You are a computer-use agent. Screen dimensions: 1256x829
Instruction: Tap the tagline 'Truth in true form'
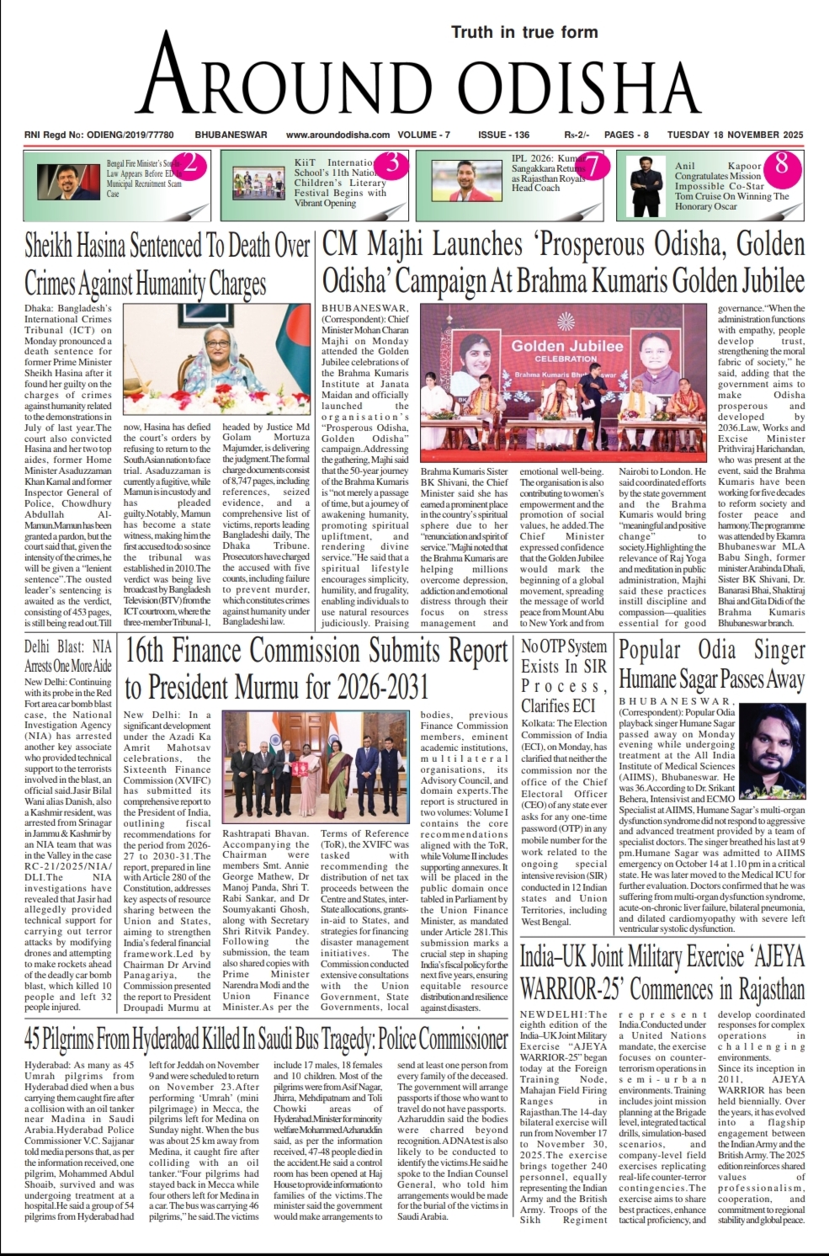[524, 33]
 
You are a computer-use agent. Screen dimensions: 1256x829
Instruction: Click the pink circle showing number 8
[781, 163]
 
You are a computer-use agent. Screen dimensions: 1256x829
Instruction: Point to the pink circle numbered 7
[594, 166]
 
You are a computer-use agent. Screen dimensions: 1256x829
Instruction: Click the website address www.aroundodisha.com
[337, 135]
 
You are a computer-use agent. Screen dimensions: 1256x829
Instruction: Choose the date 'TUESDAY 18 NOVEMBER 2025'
[735, 135]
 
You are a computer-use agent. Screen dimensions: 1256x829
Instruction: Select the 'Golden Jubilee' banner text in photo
[567, 346]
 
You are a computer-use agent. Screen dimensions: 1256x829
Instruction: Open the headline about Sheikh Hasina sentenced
[167, 263]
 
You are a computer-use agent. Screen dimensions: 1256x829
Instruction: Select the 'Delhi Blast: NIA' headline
[67, 657]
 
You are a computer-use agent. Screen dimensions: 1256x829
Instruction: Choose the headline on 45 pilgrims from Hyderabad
[266, 1039]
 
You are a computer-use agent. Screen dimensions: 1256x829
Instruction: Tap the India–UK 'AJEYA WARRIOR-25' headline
[662, 971]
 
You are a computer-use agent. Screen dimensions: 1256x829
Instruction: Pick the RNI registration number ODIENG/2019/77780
[99, 135]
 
